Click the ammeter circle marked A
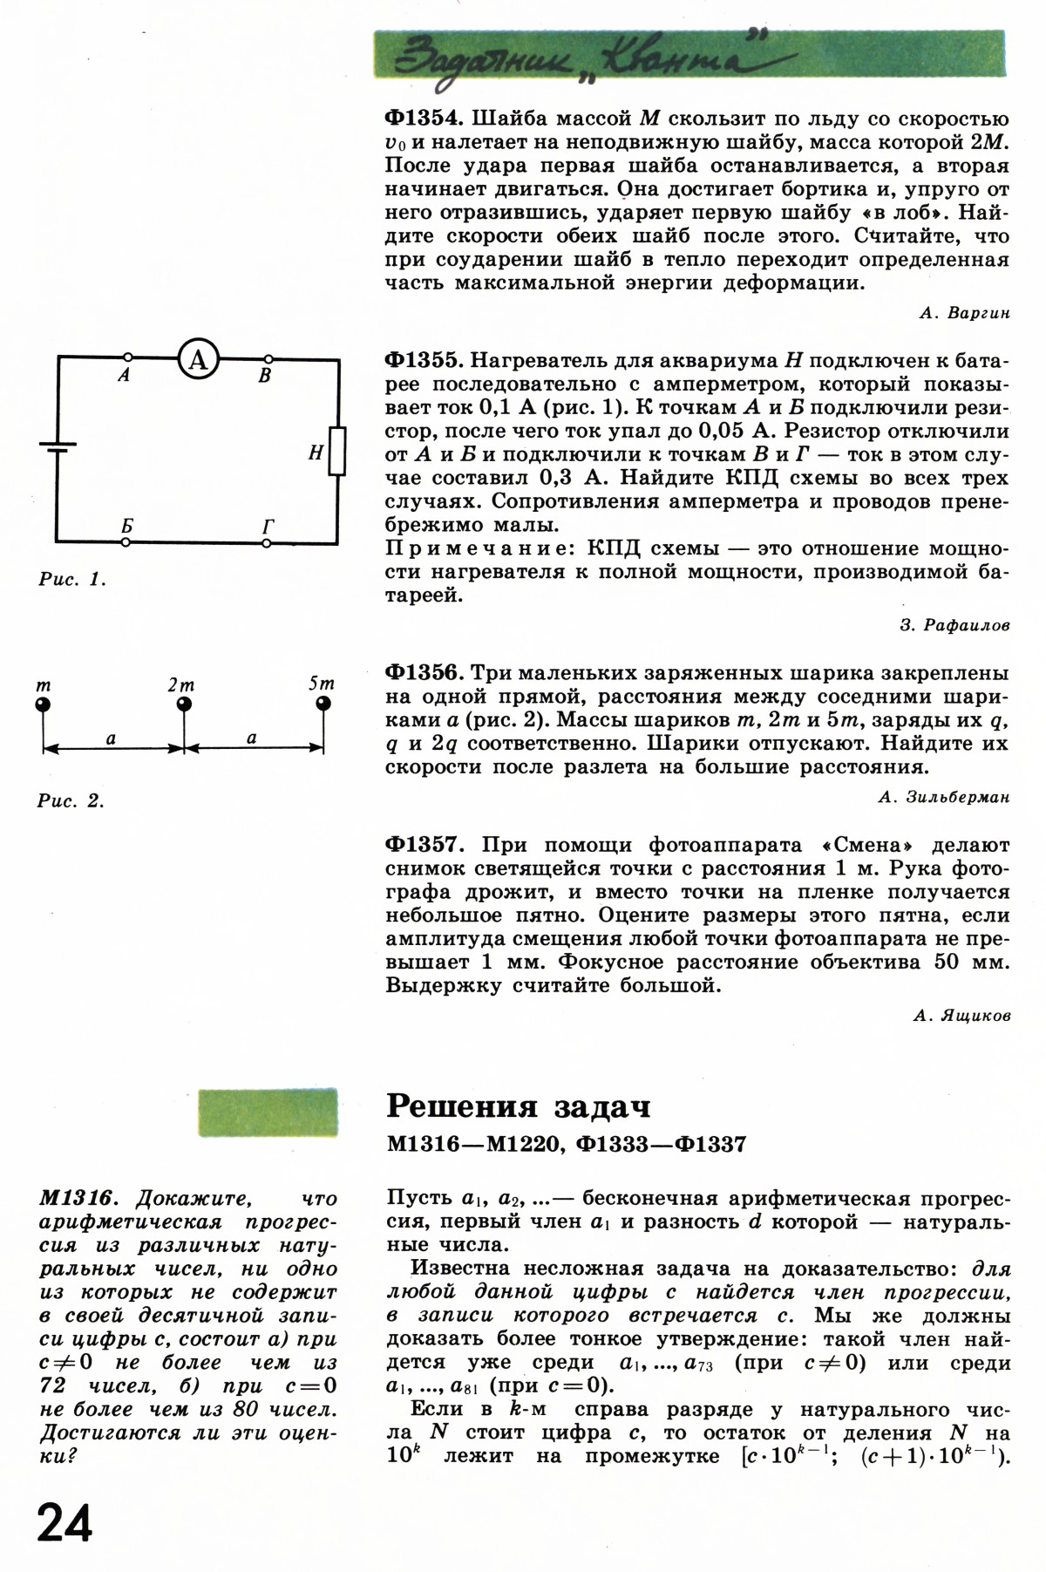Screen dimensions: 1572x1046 199,358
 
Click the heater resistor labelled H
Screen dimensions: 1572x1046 337,452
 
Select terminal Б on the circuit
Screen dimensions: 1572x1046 127,542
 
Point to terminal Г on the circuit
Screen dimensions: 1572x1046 267,542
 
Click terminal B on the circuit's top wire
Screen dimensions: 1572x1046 268,358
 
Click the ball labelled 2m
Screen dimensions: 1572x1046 184,704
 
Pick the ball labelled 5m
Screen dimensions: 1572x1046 324,704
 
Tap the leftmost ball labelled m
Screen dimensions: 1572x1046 43,704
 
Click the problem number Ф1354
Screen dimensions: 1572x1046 425,119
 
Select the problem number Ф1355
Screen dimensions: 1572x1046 425,360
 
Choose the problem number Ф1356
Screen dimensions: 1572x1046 425,673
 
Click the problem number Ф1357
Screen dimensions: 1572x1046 425,845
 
